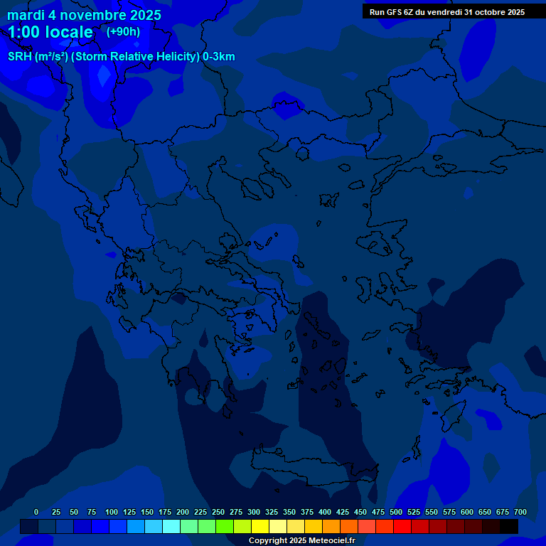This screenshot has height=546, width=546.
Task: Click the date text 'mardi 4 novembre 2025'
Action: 84,15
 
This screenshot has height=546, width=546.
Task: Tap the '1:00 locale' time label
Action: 50,32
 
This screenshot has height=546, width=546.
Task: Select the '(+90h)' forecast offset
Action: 123,31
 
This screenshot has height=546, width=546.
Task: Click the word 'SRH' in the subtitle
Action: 20,57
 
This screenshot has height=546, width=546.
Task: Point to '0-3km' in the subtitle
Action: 219,57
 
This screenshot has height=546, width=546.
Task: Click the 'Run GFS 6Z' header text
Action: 394,12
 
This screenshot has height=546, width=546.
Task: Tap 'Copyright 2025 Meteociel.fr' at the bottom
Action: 301,541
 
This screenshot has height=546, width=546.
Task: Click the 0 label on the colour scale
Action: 36,512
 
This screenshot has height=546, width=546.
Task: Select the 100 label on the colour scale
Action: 112,512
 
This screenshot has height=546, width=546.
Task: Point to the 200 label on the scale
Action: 183,512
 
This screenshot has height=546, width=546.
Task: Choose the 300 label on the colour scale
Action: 254,512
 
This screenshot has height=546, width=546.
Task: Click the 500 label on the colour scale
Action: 396,512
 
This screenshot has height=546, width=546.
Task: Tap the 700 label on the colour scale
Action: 520,512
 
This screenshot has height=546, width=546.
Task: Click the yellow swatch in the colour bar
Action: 260,526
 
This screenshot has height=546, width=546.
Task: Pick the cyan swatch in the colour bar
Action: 171,526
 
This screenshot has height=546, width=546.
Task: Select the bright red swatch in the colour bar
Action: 402,526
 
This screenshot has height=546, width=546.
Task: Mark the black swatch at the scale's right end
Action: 509,526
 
